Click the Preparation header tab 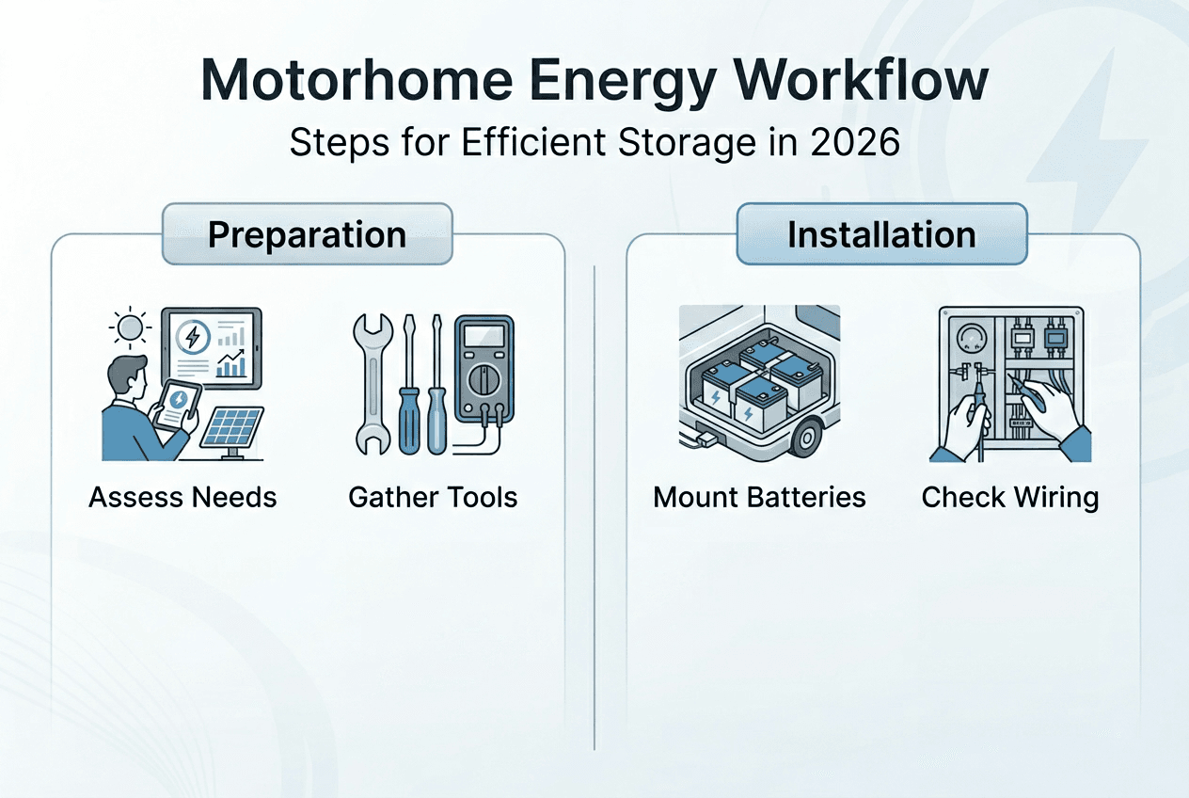[x=307, y=234]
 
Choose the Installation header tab [x=881, y=234]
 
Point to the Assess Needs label [x=182, y=496]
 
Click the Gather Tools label [x=433, y=496]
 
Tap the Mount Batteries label [x=759, y=496]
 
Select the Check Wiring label [x=1010, y=496]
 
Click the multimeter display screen [x=484, y=336]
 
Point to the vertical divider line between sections [x=595, y=508]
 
